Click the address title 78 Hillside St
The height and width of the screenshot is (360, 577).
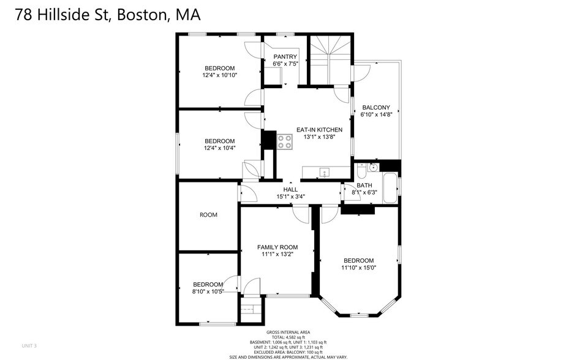click(107, 14)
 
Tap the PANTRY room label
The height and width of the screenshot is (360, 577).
click(285, 56)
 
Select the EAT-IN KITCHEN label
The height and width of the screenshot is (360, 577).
click(319, 130)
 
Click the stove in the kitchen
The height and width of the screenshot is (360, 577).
click(284, 142)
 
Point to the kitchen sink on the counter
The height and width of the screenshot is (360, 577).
click(325, 172)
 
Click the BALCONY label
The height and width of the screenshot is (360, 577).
click(375, 108)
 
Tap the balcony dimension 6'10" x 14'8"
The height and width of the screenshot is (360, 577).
click(375, 114)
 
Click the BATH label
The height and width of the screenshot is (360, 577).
click(364, 185)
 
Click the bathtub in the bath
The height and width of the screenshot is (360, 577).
click(389, 183)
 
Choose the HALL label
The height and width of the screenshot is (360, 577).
click(290, 190)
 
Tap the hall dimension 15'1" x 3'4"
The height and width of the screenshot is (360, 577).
click(290, 197)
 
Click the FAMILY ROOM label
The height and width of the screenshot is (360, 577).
click(277, 247)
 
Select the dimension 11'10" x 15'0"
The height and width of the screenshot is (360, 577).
click(358, 268)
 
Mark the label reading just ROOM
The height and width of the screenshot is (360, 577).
click(208, 215)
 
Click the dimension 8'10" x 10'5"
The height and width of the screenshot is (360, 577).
click(208, 291)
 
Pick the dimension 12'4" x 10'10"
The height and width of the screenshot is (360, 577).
click(219, 75)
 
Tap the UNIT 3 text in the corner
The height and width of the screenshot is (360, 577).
click(29, 346)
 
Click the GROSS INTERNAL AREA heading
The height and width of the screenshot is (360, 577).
click(288, 332)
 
